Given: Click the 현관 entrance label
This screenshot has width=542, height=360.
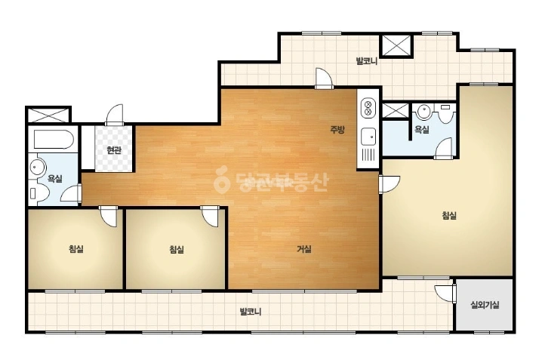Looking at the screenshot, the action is click(x=114, y=150).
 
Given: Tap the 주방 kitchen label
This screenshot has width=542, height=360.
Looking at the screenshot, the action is click(x=337, y=130).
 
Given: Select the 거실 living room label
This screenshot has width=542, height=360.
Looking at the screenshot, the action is click(x=304, y=249).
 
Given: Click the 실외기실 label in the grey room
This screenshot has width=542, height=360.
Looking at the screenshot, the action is click(x=485, y=305).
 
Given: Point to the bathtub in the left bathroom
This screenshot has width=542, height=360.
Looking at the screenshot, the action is click(x=54, y=139).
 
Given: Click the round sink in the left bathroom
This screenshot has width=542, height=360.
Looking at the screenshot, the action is click(x=36, y=168).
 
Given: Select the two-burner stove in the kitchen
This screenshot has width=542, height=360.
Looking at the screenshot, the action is click(x=368, y=107).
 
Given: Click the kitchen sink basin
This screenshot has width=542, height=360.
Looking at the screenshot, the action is click(x=368, y=136).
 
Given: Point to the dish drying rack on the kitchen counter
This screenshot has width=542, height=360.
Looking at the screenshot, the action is click(x=368, y=155).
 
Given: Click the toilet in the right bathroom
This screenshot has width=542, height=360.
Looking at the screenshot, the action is click(x=445, y=114).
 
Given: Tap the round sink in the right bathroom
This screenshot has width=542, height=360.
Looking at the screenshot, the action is click(x=423, y=111).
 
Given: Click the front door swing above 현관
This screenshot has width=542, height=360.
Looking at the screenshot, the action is click(x=115, y=115).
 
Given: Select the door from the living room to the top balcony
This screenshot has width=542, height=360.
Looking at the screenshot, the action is click(x=324, y=78).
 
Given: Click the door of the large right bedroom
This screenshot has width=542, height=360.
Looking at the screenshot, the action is click(x=390, y=184).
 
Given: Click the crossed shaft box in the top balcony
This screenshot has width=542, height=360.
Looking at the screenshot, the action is click(x=396, y=45).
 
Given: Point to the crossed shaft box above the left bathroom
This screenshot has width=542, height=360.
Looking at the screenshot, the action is click(x=48, y=115).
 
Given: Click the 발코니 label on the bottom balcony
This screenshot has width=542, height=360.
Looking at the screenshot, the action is click(x=251, y=312).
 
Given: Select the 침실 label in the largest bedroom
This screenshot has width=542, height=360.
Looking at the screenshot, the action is click(x=449, y=215).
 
